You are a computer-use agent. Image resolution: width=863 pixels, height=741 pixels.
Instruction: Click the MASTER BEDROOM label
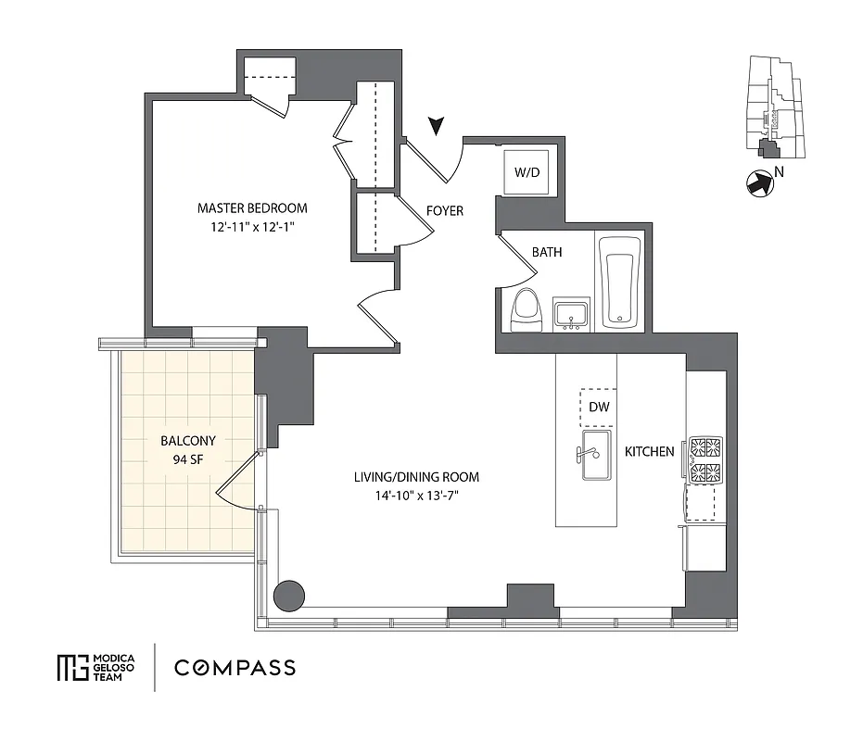251,207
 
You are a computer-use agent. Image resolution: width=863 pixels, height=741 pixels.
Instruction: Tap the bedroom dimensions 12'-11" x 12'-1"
251,225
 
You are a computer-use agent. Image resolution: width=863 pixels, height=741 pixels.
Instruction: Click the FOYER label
444,211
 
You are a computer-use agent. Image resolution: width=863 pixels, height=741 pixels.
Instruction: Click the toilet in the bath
526,308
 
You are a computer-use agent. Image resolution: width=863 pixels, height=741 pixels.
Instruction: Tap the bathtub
619,283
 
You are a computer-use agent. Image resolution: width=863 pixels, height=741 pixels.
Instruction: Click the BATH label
546,252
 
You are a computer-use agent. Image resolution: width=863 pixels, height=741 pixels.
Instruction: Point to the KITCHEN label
649,452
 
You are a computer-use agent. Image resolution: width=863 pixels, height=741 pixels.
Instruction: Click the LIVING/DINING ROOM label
416,477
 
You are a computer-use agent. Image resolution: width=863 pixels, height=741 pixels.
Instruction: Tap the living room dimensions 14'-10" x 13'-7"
416,495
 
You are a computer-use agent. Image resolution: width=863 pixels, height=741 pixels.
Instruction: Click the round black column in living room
290,593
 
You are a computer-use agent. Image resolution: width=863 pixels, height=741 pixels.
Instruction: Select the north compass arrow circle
760,184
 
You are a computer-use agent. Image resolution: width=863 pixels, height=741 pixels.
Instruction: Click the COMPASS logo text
235,667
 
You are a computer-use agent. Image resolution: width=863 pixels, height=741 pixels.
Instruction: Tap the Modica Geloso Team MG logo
70,667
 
